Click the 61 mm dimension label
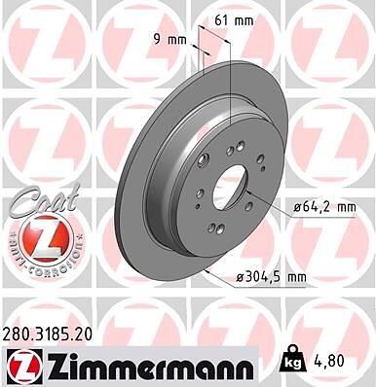pyautogui.click(x=234, y=21)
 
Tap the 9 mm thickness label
pyautogui.click(x=169, y=40)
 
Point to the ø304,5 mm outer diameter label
pyautogui.click(x=272, y=277)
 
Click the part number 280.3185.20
pyautogui.click(x=48, y=334)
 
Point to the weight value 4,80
pyautogui.click(x=327, y=361)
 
